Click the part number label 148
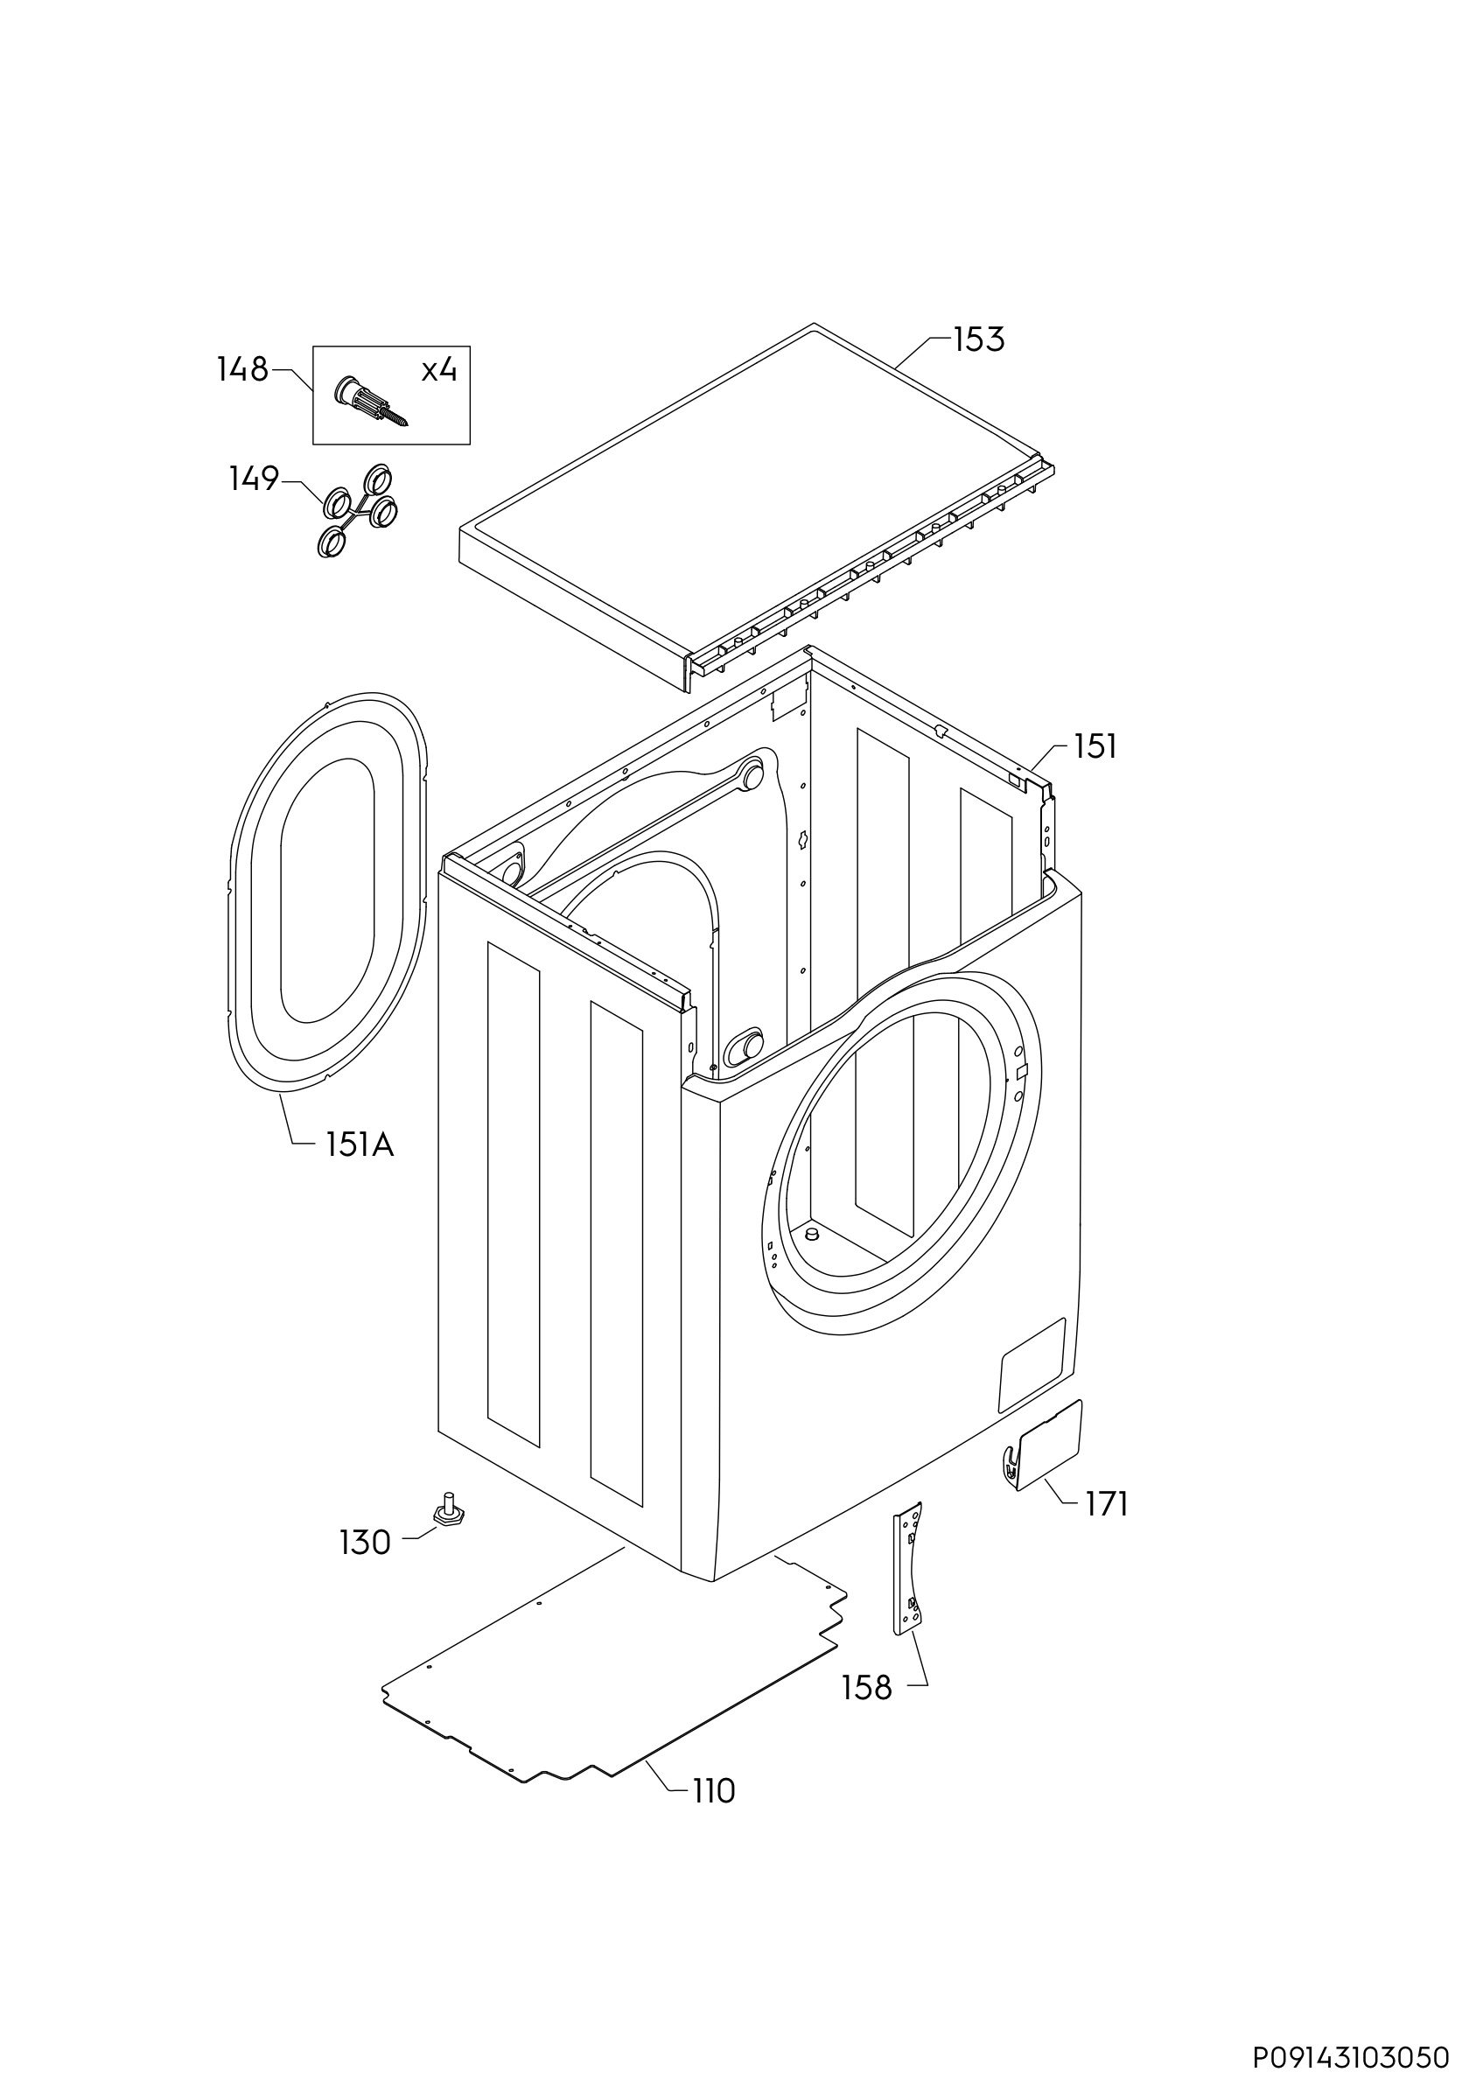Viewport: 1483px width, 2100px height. (x=242, y=369)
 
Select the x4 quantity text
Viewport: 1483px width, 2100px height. (x=439, y=370)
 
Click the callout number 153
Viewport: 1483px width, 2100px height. (x=978, y=339)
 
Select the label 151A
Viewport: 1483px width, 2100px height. (x=360, y=1144)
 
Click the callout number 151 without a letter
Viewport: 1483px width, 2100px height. (x=1095, y=747)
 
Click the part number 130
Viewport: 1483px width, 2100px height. (x=365, y=1543)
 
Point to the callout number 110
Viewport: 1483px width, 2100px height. (x=713, y=1791)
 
